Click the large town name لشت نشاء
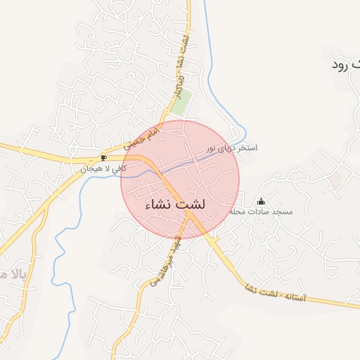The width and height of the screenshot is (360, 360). click(175, 205)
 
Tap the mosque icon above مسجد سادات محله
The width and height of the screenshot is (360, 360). click(261, 202)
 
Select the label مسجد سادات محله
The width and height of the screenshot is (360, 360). click(261, 212)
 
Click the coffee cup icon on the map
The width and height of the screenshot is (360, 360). click(104, 158)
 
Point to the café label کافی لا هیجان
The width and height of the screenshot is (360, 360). click(103, 169)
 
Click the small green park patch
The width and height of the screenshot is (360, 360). click(182, 103)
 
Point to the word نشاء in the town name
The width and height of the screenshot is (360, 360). click(158, 205)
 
